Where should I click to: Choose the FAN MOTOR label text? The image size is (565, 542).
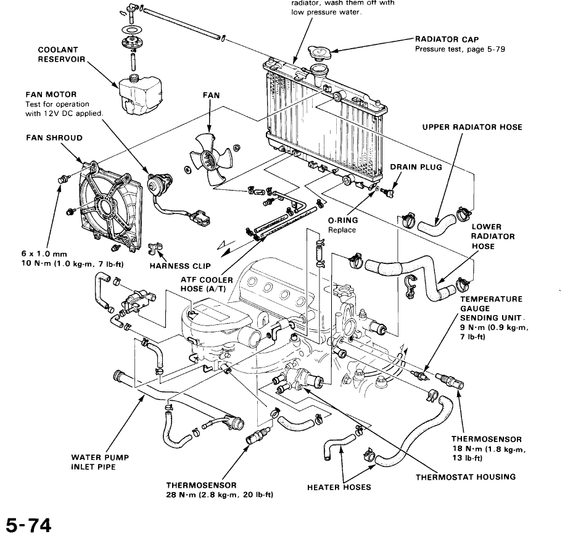coord(51,95)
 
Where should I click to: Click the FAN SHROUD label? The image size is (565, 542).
coord(54,138)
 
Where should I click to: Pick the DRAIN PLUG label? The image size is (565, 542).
coord(416,167)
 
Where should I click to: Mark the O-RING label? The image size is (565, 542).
coord(343,220)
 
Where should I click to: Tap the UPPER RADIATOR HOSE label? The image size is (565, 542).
coord(472,128)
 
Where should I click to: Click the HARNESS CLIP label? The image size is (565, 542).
coord(181,266)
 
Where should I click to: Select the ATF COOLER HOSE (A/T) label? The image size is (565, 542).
coord(207,284)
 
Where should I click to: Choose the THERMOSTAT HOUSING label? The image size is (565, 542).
coord(465,477)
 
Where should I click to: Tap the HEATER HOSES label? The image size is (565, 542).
coord(339,487)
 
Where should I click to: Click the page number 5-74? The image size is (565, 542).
coord(28,525)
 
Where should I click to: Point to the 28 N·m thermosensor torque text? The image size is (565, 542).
coord(220,495)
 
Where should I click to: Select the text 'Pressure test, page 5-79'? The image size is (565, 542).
coord(460,49)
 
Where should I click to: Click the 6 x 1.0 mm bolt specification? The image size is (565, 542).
coord(44,253)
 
